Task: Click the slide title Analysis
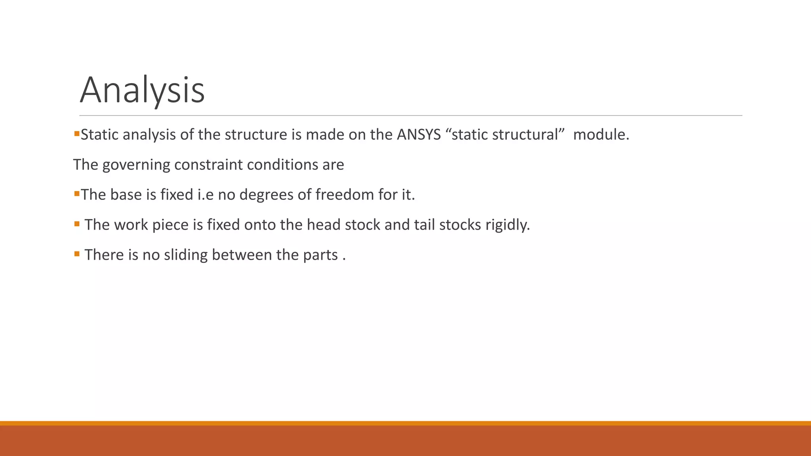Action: pyautogui.click(x=142, y=90)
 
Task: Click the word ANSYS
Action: pyautogui.click(x=419, y=135)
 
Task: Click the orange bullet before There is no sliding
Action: pyautogui.click(x=77, y=253)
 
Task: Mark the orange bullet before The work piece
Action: pyautogui.click(x=77, y=223)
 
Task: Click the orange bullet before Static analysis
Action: pyautogui.click(x=77, y=133)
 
